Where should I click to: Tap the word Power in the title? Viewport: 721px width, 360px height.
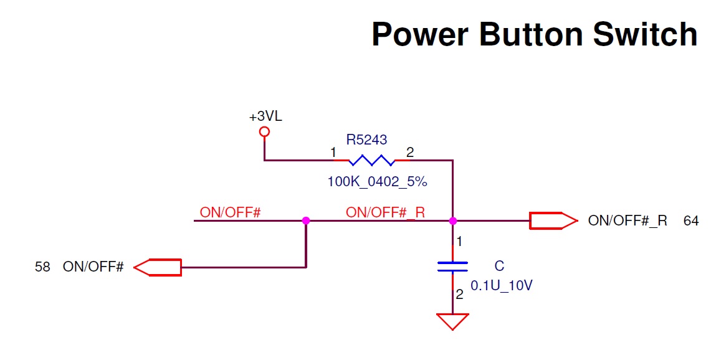pos(419,34)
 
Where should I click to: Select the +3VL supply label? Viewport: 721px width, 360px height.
pos(265,116)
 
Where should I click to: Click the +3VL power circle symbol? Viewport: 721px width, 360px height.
pos(264,131)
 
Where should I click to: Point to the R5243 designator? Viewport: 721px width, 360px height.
pos(371,140)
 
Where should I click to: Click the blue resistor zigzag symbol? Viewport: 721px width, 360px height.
pos(371,161)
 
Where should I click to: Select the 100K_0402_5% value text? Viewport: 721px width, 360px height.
pos(377,182)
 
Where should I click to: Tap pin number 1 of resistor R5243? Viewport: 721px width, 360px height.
pos(333,153)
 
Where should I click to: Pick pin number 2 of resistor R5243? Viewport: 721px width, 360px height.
pos(409,153)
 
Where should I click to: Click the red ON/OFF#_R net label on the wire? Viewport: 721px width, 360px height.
pos(385,212)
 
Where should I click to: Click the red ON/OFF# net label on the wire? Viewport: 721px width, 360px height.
pos(230,212)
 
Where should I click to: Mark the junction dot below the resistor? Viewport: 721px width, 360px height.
pos(453,220)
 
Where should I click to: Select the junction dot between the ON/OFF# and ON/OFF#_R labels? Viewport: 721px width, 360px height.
pos(306,220)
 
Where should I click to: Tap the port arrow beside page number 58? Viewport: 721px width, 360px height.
pos(158,267)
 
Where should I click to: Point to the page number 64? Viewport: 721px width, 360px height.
pos(691,220)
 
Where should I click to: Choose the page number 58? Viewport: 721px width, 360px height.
pos(42,267)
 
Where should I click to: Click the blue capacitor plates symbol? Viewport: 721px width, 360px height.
pos(452,267)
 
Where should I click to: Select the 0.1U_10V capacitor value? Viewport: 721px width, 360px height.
pos(502,286)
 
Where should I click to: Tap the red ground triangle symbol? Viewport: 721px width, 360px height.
pos(452,321)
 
